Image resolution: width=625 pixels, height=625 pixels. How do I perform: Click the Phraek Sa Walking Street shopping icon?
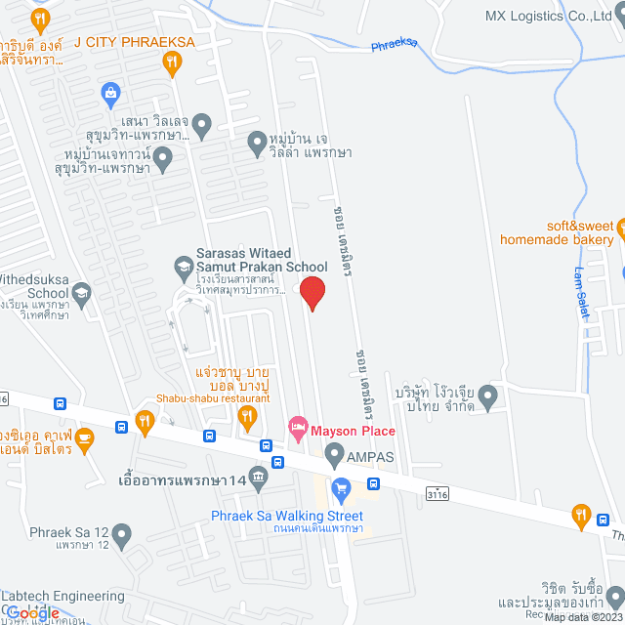pyautogui.click(x=341, y=488)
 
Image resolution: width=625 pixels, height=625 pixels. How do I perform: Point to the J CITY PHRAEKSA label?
pyautogui.click(x=135, y=42)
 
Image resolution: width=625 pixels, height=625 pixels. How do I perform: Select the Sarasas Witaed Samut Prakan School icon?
pyautogui.click(x=183, y=265)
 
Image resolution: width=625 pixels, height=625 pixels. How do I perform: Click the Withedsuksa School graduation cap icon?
pyautogui.click(x=82, y=292)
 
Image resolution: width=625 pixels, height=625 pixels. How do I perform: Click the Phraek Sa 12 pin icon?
pyautogui.click(x=121, y=534)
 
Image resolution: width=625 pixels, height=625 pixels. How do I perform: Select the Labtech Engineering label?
pyautogui.click(x=62, y=596)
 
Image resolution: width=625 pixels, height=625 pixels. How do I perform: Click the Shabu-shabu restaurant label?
pyautogui.click(x=213, y=398)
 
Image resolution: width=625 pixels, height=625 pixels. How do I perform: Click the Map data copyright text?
pyautogui.click(x=582, y=617)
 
